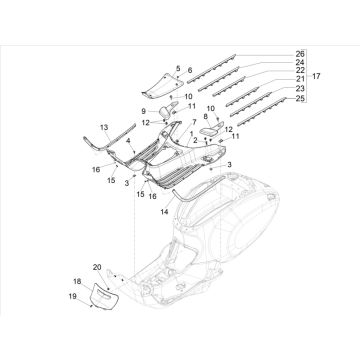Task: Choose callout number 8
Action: click(x=206, y=117)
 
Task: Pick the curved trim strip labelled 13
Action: click(x=103, y=151)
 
